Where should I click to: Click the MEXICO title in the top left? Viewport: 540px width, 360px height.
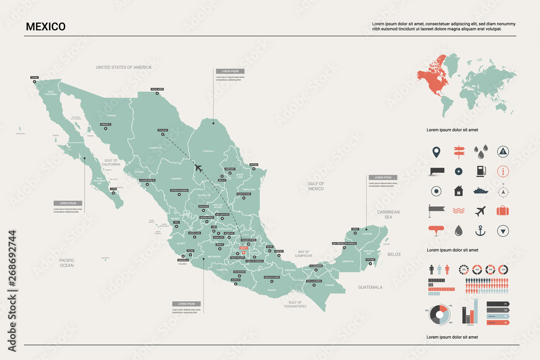pyautogui.click(x=45, y=26)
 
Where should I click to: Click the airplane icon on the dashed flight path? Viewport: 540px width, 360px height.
pyautogui.click(x=198, y=168)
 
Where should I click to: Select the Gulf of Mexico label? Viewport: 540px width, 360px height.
pyautogui.click(x=316, y=186)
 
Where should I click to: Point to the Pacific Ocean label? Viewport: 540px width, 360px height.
pyautogui.click(x=66, y=263)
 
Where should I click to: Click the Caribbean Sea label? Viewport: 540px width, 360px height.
pyautogui.click(x=388, y=214)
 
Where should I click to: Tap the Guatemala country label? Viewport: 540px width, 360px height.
pyautogui.click(x=370, y=287)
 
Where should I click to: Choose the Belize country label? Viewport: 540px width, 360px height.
pyautogui.click(x=394, y=254)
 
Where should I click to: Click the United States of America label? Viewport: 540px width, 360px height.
pyautogui.click(x=124, y=67)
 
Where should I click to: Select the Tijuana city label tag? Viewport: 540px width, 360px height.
pyautogui.click(x=35, y=78)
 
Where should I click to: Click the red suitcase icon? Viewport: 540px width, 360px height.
pyautogui.click(x=503, y=210)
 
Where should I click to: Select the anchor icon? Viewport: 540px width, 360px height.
pyautogui.click(x=480, y=230)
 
